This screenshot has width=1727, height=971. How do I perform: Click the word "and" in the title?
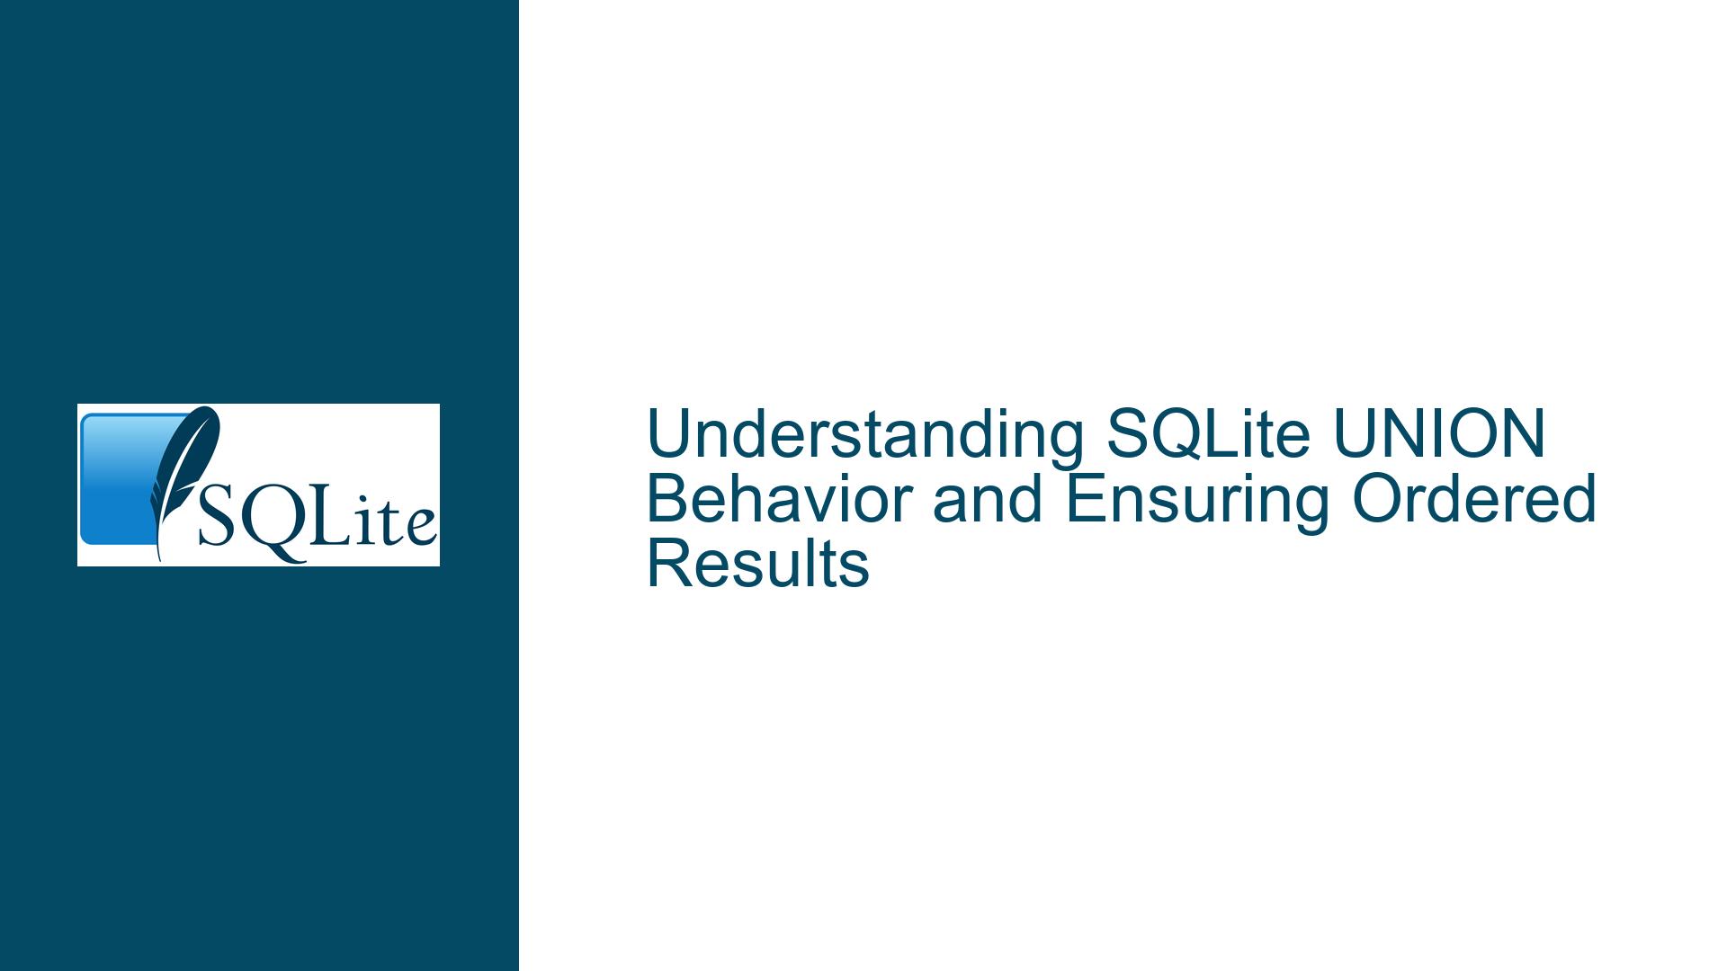pos(988,499)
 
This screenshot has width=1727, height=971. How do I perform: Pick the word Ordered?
pos(1474,499)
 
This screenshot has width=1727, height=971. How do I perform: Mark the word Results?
pos(758,564)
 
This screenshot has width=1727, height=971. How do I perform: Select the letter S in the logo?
pos(217,516)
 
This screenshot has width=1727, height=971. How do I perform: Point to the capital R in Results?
pos(670,564)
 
